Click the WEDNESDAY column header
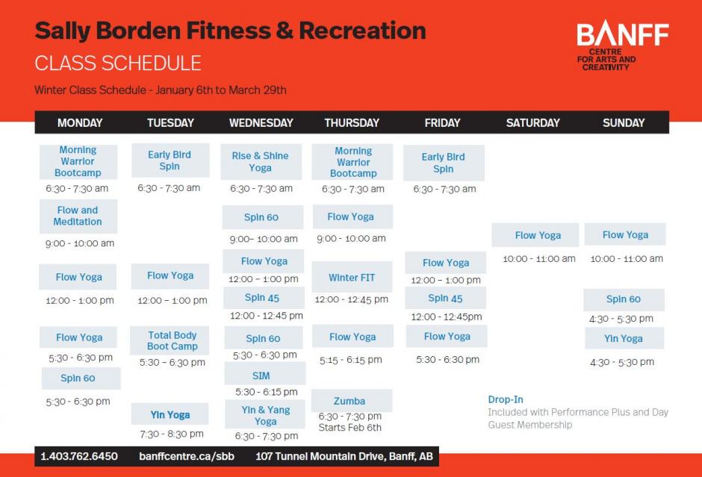(261, 122)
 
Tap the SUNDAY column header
(623, 122)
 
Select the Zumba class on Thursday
(352, 400)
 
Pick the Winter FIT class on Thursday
(352, 277)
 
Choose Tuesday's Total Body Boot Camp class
(172, 340)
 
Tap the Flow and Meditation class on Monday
(78, 216)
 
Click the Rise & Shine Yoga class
(261, 161)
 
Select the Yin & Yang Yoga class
(264, 414)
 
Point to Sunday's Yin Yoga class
(624, 338)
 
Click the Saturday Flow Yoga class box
(535, 235)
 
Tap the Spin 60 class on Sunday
(624, 299)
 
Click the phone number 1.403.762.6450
(79, 456)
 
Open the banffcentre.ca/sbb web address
(187, 456)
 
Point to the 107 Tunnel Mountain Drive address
(344, 456)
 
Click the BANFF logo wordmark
(622, 34)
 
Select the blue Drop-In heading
(506, 399)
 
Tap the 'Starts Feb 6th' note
(350, 428)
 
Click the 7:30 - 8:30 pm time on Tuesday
(172, 434)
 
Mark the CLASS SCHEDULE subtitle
(118, 63)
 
